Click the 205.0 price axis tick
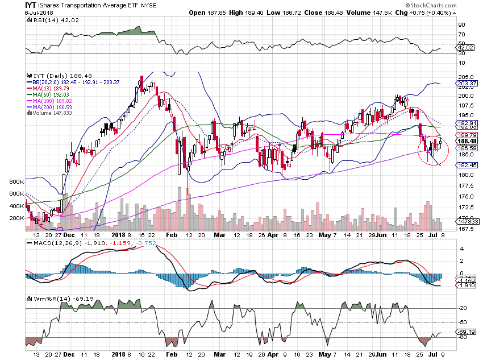[468, 77]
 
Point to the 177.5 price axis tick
[468, 186]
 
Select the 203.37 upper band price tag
[469, 83]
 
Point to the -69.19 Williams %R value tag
[469, 331]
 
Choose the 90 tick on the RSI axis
[464, 24]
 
